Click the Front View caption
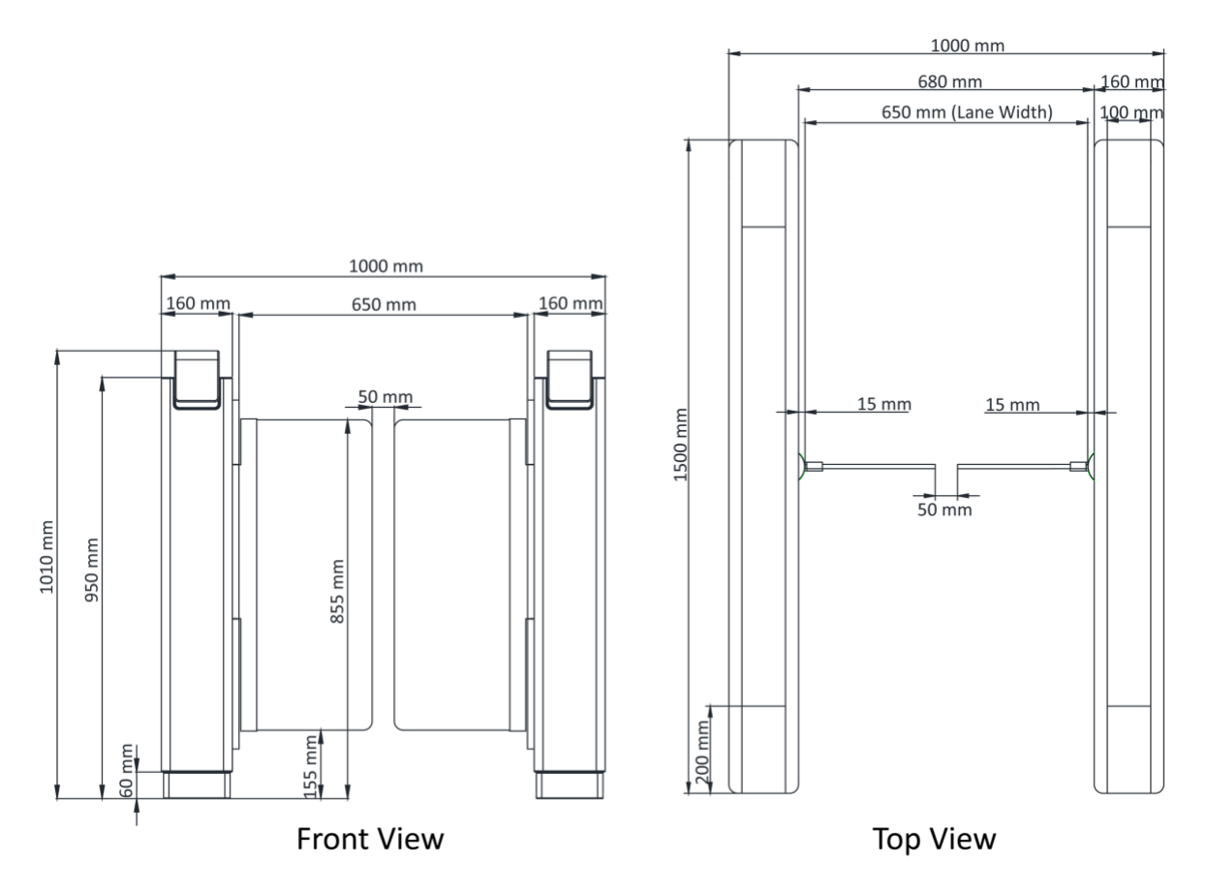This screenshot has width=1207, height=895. coord(369,839)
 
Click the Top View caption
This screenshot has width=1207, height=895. coord(934,839)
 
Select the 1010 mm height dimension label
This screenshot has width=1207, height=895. coord(46,557)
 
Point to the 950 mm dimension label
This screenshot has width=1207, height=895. coord(92,570)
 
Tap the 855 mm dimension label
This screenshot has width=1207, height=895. coord(337,592)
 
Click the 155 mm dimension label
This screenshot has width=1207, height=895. coord(310,766)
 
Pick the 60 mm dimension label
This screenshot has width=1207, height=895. coord(126,770)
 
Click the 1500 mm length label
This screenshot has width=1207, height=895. coord(680,445)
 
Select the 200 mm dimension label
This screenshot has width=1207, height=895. coord(702,753)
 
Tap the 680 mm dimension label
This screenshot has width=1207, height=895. coord(949,81)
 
